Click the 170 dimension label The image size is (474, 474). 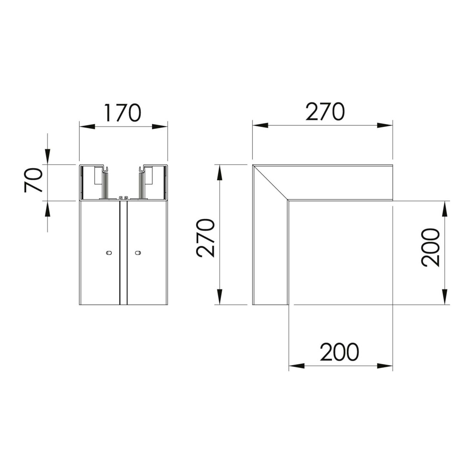pos(123,113)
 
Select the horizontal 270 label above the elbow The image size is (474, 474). pos(325,112)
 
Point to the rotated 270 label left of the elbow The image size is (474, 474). pos(206,239)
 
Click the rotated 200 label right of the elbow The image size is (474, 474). pos(430,248)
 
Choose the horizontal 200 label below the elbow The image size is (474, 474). pos(340,352)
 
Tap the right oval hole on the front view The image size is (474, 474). pos(138,253)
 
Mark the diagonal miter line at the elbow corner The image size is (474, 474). pos(271,182)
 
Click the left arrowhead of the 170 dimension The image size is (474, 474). pos(87,126)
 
